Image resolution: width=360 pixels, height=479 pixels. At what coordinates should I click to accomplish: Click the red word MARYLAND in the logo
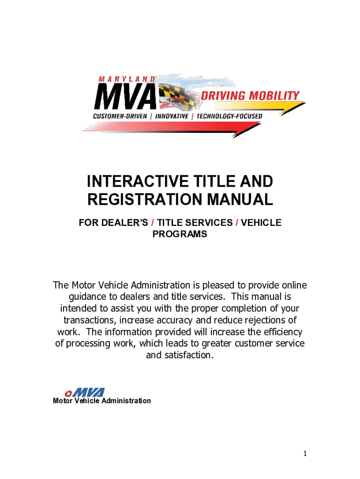point(127,79)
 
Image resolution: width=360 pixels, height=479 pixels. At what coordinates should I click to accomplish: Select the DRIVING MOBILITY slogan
point(250,95)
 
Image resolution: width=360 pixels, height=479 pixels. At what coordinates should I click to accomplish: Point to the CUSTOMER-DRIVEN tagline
point(120,116)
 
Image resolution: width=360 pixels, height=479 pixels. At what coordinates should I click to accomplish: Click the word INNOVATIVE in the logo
point(172,116)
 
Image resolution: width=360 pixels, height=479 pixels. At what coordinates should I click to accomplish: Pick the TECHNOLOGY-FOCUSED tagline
point(229,116)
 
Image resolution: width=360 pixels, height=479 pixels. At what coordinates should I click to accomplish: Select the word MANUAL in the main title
point(240,199)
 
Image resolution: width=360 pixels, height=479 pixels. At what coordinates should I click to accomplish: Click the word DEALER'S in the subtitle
point(124,223)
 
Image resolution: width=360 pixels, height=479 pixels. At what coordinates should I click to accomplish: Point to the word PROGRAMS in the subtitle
point(180,234)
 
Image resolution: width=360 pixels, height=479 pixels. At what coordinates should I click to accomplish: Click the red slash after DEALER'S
point(153,223)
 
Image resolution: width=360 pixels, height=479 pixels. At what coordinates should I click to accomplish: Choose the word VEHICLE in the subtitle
point(261,223)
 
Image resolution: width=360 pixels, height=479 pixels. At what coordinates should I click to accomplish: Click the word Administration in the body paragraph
point(161,285)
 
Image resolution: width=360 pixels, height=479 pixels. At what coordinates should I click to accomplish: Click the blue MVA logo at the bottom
point(89,392)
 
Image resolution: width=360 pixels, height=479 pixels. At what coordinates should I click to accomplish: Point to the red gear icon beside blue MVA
point(68,393)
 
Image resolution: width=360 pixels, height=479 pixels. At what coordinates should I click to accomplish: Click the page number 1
point(305,454)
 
